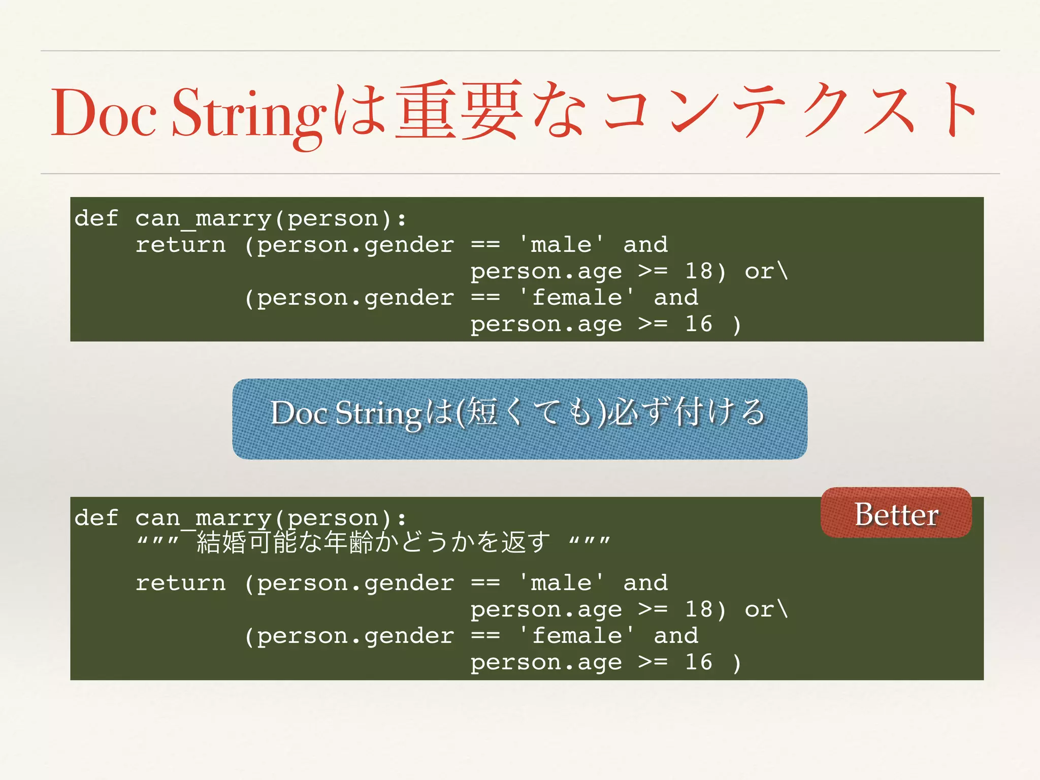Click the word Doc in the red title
click(x=104, y=113)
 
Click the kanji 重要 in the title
click(x=459, y=111)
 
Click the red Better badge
click(x=896, y=514)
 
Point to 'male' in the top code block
click(x=561, y=245)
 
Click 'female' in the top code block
click(x=576, y=298)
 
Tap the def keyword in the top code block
click(x=96, y=219)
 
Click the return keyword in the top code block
click(x=180, y=245)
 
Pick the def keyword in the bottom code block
click(x=96, y=518)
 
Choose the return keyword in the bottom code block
click(x=180, y=583)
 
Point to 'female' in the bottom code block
click(x=576, y=636)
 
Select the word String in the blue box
click(x=378, y=413)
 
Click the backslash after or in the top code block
click(x=783, y=271)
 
